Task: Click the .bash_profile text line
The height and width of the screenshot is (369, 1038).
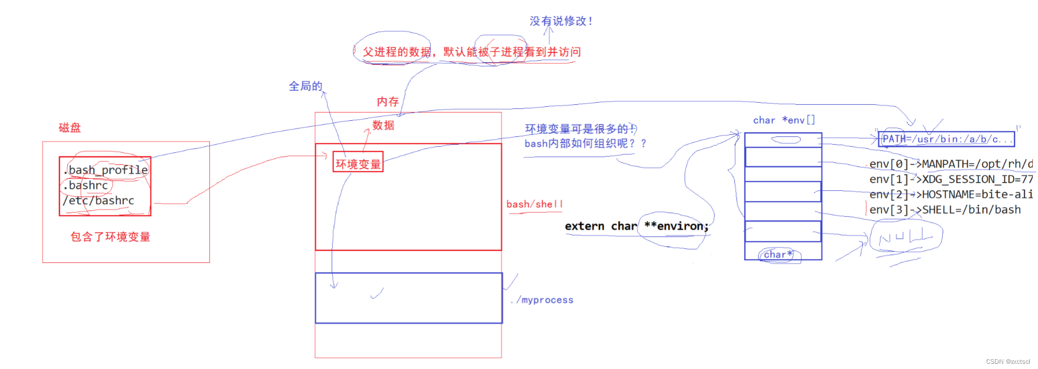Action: [x=106, y=170]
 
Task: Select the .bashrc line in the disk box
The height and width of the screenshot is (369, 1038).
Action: [x=86, y=186]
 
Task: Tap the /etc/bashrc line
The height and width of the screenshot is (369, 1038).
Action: [x=98, y=201]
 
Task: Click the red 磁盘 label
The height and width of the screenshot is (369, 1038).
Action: [x=70, y=127]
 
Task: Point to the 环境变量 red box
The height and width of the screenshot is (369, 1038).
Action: [x=358, y=164]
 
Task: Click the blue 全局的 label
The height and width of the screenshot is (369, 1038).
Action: [x=306, y=86]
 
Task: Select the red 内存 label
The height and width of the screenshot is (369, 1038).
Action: [x=388, y=102]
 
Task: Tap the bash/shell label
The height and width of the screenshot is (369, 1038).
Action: [x=534, y=204]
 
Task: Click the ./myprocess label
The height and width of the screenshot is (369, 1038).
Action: [x=542, y=300]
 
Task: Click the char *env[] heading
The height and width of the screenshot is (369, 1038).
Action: [x=784, y=120]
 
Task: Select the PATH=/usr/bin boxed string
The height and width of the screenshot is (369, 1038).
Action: [x=946, y=139]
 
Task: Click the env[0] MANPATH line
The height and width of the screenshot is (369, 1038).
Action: [x=950, y=164]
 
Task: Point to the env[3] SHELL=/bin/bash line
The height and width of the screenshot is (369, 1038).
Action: [x=945, y=210]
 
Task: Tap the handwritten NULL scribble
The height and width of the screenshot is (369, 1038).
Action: [x=905, y=237]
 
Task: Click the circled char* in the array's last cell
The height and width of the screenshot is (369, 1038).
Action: [x=778, y=254]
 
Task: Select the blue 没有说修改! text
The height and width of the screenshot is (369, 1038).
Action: [x=560, y=21]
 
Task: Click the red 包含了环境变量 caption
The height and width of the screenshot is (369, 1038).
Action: [x=110, y=237]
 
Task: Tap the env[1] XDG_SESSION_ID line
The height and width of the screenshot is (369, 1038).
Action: [x=950, y=179]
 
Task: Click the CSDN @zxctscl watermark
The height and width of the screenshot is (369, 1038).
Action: [x=1007, y=362]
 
